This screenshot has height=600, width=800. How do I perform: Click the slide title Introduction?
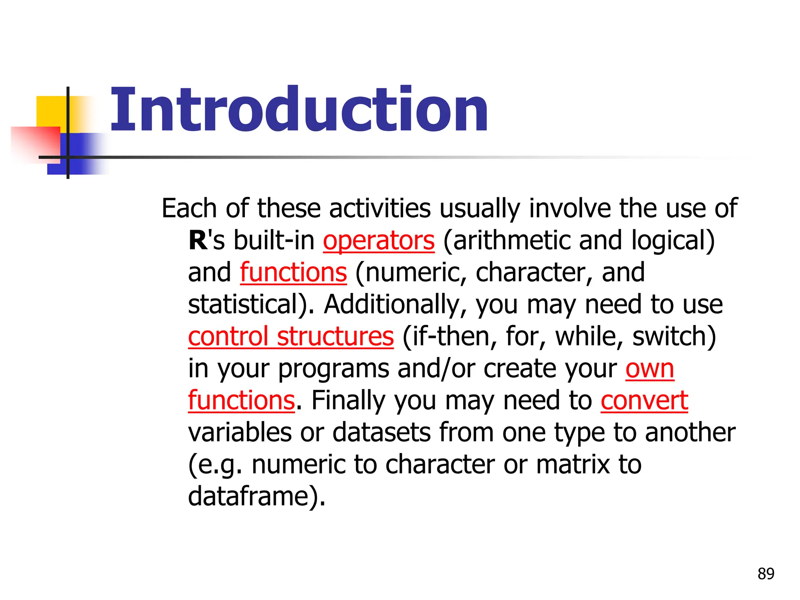click(299, 110)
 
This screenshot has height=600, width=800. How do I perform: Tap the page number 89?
click(766, 574)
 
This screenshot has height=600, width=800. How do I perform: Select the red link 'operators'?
click(379, 241)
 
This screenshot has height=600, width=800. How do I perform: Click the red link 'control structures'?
click(291, 337)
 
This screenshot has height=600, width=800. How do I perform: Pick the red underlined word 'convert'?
click(644, 401)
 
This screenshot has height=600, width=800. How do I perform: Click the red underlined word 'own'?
click(650, 369)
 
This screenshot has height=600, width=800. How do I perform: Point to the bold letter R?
click(198, 241)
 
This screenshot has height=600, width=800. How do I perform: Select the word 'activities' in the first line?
click(380, 209)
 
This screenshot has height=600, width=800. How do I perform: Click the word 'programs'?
click(334, 369)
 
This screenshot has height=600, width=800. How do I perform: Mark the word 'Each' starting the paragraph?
click(189, 209)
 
